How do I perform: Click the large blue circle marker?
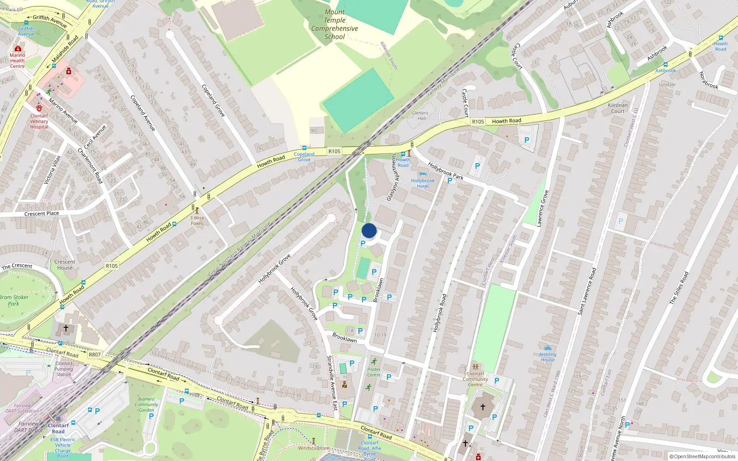click(369, 230)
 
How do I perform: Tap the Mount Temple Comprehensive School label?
click(334, 24)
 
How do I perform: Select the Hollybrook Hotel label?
click(423, 183)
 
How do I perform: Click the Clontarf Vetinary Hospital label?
click(39, 121)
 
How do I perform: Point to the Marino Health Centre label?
click(18, 60)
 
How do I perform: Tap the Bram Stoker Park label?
click(14, 300)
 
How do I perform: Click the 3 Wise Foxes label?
click(197, 220)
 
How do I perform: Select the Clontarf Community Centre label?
click(475, 379)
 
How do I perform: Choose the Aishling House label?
click(548, 357)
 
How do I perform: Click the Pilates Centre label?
click(374, 372)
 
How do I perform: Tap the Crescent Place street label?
click(42, 213)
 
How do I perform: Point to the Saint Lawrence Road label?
click(587, 291)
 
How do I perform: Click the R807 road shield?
click(95, 355)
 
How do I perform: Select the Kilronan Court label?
click(618, 108)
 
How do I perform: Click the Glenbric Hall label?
click(420, 115)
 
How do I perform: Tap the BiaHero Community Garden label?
click(146, 404)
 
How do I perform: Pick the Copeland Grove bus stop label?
click(304, 157)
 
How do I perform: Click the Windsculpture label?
click(314, 448)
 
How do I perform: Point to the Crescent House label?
click(65, 265)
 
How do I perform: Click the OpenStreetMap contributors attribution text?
click(702, 456)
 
